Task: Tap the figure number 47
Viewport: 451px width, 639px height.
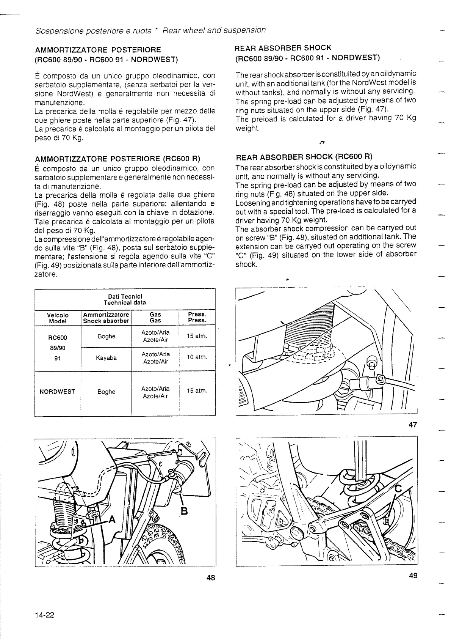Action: pos(413,425)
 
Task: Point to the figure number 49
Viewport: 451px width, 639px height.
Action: pos(413,576)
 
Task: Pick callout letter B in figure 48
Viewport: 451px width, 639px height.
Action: pos(184,511)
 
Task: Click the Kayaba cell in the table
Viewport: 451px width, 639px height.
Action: pos(106,358)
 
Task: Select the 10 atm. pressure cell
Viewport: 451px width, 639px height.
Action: pos(197,357)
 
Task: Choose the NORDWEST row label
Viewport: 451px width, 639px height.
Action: pos(58,392)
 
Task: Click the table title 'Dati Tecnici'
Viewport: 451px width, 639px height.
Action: pos(125,296)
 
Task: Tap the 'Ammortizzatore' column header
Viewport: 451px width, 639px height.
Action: pos(106,315)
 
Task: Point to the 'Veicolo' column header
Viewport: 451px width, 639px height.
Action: pos(58,315)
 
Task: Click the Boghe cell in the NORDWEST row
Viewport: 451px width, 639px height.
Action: pos(106,392)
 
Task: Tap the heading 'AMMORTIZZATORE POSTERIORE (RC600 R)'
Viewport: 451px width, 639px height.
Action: pos(117,159)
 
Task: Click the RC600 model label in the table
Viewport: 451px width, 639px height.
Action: pos(58,338)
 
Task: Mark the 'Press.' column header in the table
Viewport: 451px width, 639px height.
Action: pos(197,314)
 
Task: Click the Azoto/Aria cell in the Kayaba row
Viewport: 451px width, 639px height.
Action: pos(155,354)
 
